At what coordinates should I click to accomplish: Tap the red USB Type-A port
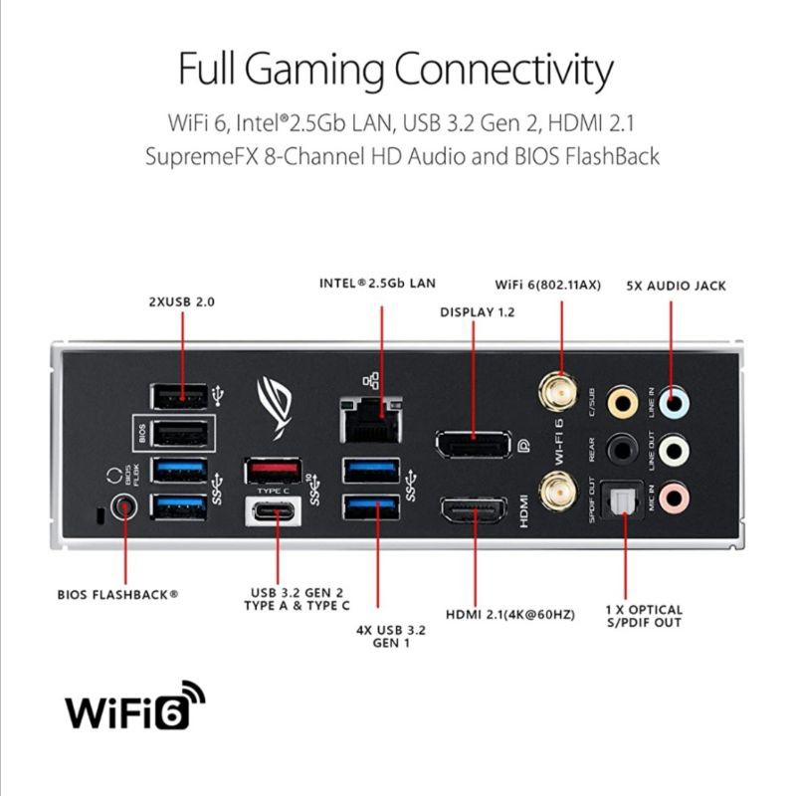(x=273, y=469)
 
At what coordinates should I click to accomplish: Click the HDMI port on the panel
(x=475, y=512)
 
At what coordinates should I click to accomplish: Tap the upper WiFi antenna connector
(x=557, y=393)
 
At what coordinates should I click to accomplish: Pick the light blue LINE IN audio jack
(x=674, y=402)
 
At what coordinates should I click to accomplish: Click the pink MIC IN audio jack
(x=674, y=495)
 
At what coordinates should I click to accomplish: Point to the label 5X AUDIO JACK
(x=676, y=286)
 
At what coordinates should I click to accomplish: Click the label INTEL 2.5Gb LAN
(x=377, y=283)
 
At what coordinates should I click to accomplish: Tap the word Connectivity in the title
(x=503, y=70)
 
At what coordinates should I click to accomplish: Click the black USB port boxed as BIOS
(x=179, y=433)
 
